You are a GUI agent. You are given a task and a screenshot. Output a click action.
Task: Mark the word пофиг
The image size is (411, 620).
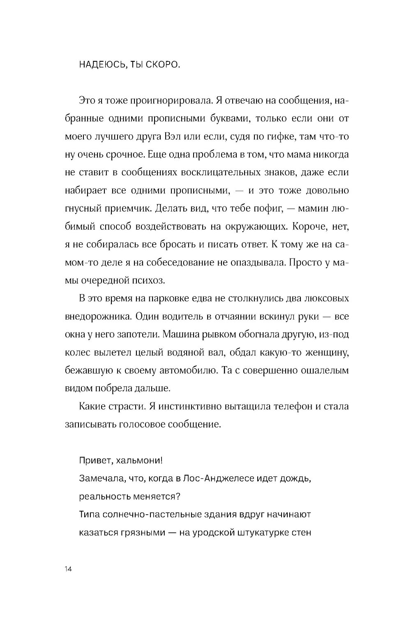tap(266, 209)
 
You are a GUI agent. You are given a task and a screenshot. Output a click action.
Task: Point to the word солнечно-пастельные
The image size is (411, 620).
tap(155, 514)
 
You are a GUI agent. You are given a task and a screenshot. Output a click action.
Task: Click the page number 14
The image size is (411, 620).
tap(68, 569)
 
